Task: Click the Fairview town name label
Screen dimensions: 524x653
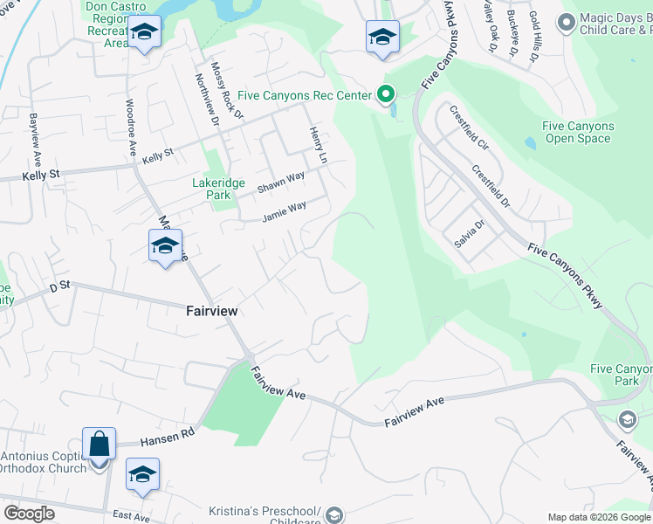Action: [x=212, y=310]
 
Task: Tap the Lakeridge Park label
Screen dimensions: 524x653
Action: [x=211, y=190]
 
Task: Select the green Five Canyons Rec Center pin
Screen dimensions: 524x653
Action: [x=385, y=94]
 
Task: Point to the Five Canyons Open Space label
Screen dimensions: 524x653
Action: [x=578, y=132]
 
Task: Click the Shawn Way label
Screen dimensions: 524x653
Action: [x=280, y=182]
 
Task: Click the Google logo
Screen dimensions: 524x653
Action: [x=29, y=514]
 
